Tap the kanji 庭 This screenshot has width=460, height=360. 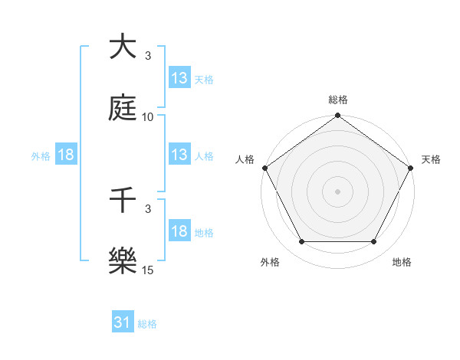point(123,109)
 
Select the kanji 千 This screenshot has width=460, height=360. point(123,201)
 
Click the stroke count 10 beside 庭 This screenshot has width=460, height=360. point(148,117)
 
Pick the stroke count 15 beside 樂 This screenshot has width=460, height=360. point(148,270)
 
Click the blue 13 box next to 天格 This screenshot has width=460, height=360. point(179,78)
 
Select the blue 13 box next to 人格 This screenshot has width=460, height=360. point(179,155)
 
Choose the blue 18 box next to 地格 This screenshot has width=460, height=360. point(179,232)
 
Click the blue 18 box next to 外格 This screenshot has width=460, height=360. point(65,155)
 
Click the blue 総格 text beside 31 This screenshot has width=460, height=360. point(147,324)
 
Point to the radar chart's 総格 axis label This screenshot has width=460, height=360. point(337,100)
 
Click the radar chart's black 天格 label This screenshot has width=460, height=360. point(432,159)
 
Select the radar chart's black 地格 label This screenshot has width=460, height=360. point(402,262)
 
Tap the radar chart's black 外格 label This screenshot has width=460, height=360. point(270,262)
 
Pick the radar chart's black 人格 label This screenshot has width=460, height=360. point(245,159)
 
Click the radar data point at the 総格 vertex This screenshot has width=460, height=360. point(337,116)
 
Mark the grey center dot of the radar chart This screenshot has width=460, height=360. point(337,191)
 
